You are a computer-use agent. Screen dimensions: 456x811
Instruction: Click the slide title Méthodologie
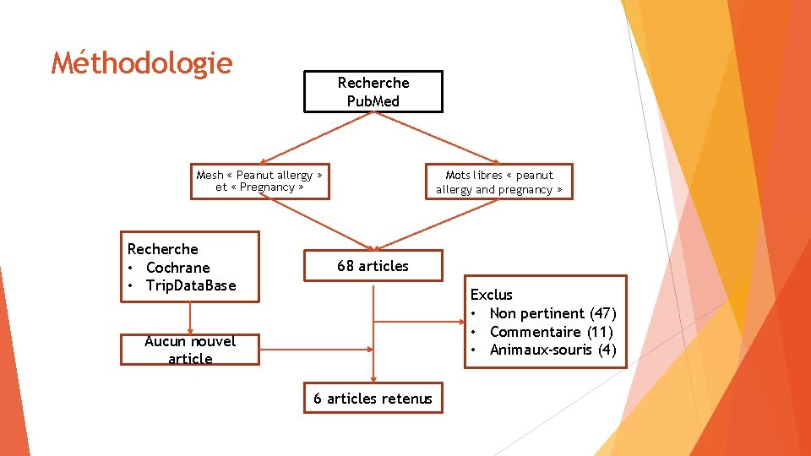click(x=141, y=63)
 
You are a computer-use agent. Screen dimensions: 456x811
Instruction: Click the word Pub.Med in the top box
click(x=373, y=101)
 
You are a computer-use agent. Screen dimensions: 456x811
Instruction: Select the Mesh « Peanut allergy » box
click(x=259, y=181)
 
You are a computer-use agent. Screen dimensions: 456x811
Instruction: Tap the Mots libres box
click(x=498, y=182)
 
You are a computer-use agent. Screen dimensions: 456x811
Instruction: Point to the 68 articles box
click(x=373, y=266)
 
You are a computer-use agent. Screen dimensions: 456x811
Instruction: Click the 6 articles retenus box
click(x=373, y=399)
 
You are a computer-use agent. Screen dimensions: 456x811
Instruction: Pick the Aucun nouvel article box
click(x=190, y=350)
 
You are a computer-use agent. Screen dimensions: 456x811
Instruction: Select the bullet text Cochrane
click(x=177, y=268)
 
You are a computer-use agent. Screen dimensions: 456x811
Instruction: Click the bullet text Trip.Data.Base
click(x=191, y=285)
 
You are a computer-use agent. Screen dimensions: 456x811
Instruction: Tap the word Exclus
click(x=491, y=295)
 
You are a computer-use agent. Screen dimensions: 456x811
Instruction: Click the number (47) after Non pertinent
click(x=602, y=313)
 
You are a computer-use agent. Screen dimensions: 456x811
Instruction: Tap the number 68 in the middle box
click(x=346, y=266)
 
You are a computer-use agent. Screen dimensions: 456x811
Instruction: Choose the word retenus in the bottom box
click(x=405, y=399)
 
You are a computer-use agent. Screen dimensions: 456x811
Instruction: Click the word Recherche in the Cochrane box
click(x=162, y=249)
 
